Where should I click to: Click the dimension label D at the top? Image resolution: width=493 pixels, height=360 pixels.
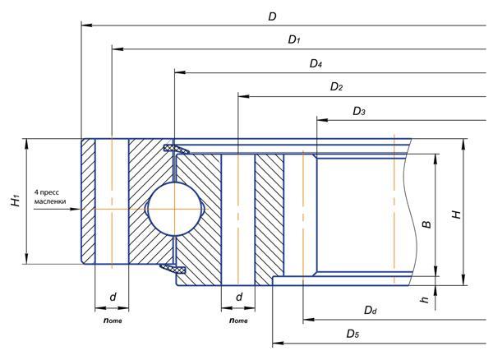tap(272, 16)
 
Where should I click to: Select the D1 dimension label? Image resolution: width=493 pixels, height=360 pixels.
tap(294, 39)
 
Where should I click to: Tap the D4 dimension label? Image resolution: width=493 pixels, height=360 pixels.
tap(316, 63)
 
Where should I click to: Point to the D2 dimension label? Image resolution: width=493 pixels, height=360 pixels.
tap(336, 86)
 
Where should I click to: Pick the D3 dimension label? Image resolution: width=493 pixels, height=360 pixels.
tap(358, 110)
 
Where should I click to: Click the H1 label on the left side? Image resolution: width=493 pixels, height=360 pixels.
tap(14, 201)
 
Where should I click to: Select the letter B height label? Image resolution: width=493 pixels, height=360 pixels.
tap(426, 224)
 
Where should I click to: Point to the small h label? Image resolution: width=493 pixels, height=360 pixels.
tap(425, 300)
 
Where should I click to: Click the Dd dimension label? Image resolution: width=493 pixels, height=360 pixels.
tap(370, 310)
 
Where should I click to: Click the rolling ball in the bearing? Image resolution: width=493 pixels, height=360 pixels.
tap(174, 209)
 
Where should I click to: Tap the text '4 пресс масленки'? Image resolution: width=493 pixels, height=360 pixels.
tap(50, 196)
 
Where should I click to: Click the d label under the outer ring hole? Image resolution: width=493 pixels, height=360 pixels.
tap(113, 297)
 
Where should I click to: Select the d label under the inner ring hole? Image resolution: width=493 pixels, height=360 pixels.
tap(238, 297)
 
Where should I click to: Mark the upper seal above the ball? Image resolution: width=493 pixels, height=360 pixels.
tap(174, 149)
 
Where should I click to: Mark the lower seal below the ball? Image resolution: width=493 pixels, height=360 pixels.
tap(173, 268)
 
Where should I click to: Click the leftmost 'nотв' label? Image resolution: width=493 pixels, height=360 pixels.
tap(113, 320)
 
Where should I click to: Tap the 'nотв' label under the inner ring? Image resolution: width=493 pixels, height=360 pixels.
tap(238, 320)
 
